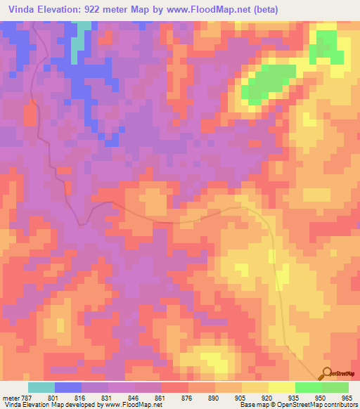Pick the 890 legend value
point(212,397)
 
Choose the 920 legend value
point(266,397)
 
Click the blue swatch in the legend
point(68,387)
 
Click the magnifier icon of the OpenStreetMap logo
point(325,373)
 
